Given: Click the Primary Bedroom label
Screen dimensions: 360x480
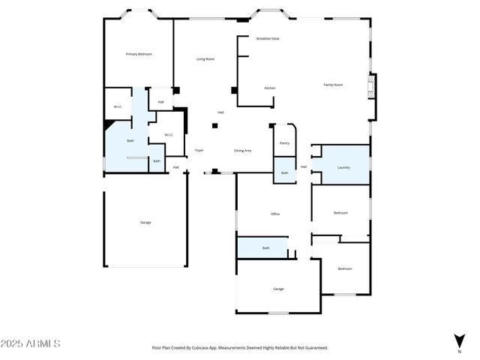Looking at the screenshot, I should coord(139,54).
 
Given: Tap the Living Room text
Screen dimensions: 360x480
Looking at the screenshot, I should coord(205,59).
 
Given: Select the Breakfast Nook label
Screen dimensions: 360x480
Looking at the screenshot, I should coord(268,38).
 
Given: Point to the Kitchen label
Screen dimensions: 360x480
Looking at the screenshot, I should coord(269,88).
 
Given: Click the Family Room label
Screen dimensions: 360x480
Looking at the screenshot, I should coord(333,85).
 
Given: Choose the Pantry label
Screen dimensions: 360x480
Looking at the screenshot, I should coord(284,142).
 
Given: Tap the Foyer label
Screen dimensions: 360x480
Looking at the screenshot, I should coord(199,150).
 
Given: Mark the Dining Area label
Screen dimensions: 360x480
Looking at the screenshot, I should coord(242,150).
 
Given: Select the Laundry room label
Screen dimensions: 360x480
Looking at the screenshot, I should coord(343,167).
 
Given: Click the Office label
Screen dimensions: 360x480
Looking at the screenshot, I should coord(275,214).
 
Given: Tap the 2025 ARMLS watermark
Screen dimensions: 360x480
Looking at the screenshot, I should coord(31,343).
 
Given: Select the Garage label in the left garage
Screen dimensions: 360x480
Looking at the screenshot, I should coord(145,223).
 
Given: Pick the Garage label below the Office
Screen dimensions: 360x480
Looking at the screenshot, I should coord(278,289).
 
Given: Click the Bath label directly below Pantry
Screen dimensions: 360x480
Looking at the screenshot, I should coord(284,173).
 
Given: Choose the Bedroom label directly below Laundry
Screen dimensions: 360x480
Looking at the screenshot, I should coord(340,213).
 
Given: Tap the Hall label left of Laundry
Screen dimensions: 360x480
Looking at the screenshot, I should coord(304,166).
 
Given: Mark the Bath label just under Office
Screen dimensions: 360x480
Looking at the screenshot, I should coord(265,247).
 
